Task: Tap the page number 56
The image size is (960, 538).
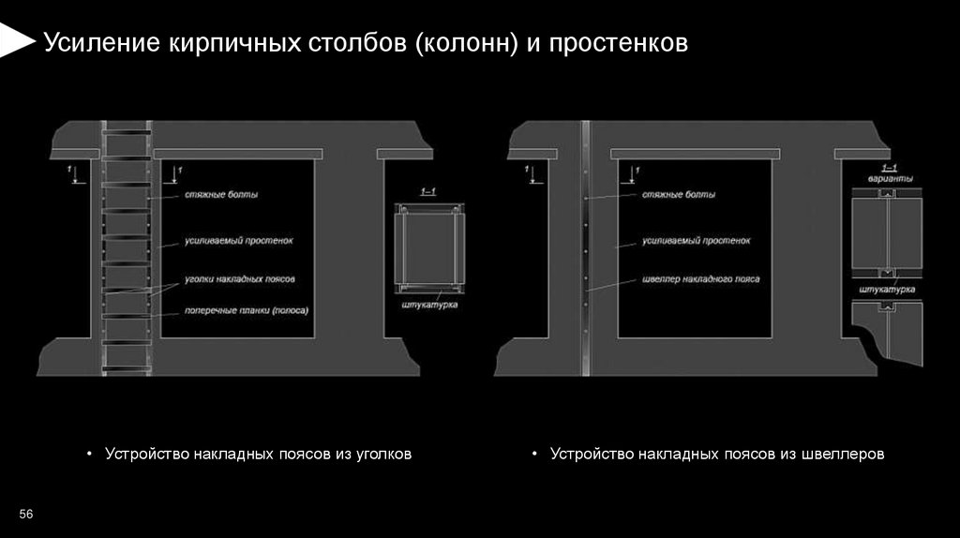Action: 26,515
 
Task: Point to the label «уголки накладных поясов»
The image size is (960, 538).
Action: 240,280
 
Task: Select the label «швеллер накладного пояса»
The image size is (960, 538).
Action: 701,279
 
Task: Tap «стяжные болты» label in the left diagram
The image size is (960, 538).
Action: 221,195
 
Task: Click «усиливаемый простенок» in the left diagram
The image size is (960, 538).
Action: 239,241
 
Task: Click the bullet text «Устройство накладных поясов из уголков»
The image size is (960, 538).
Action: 259,454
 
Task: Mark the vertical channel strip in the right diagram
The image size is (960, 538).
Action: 584,248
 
